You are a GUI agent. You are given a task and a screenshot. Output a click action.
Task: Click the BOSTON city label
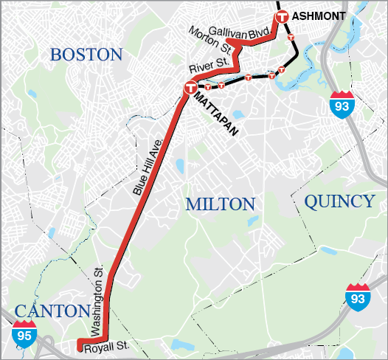point(86,55)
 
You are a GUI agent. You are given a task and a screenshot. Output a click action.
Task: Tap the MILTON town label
point(220,204)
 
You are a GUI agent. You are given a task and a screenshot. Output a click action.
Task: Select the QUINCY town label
point(339,201)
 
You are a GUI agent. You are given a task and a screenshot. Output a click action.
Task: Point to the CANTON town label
point(52,311)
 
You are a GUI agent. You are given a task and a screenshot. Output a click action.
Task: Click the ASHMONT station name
point(319,16)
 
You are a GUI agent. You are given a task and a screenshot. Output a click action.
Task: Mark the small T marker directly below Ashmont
point(291,35)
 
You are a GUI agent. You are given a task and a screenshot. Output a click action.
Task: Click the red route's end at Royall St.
point(80,344)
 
